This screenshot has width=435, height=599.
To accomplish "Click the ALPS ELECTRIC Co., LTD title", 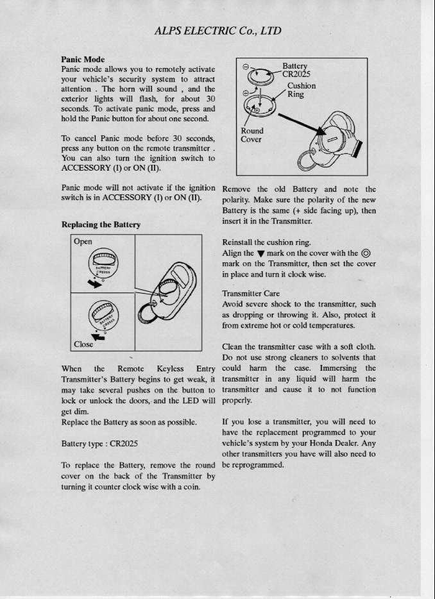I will coord(217,31).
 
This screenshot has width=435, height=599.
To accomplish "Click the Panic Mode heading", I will coord(83,59).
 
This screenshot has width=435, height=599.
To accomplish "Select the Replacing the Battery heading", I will coord(101,225).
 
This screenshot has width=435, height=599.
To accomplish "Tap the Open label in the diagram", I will coord(83,242).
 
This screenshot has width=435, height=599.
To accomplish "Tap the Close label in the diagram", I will coord(83,344).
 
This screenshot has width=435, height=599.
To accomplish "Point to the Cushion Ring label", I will coord(300,90).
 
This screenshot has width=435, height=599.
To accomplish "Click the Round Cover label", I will coord(252,135).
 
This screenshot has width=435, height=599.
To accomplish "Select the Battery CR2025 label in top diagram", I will coord(296,69).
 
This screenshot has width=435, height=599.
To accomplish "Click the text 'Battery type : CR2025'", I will coord(99,443).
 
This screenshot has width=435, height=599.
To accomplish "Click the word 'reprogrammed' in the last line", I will coord(257,465).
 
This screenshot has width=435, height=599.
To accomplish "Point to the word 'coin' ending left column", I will coord(191,487).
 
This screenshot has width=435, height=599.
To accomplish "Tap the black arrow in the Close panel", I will coord(99,335).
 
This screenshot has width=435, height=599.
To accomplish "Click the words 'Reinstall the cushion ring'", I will coord(266,242).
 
